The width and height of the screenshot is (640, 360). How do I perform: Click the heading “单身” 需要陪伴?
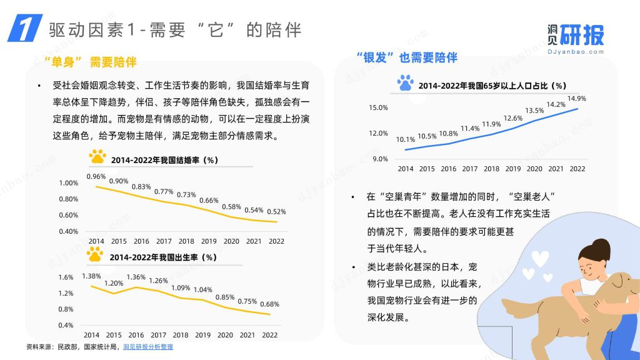90,62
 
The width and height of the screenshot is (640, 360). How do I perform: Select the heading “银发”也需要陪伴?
406,57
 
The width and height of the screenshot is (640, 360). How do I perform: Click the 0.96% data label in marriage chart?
96,176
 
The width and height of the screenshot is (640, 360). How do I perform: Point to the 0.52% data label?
276,211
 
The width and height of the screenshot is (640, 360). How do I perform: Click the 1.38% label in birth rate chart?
92,276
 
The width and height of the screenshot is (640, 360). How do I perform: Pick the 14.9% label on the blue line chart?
576,99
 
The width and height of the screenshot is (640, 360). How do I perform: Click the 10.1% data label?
406,139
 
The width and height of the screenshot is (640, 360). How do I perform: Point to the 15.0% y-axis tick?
378,107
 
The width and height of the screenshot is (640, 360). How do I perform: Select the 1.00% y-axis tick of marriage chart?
68,183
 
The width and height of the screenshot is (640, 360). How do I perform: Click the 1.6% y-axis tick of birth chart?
66,277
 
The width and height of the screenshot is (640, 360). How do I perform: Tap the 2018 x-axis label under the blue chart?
491,169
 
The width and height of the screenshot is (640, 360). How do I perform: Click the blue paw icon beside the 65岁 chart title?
406,82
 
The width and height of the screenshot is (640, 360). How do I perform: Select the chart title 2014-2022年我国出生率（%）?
163,257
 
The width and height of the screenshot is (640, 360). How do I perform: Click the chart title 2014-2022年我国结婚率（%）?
164,160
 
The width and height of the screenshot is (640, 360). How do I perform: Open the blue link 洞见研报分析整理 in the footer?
148,347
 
